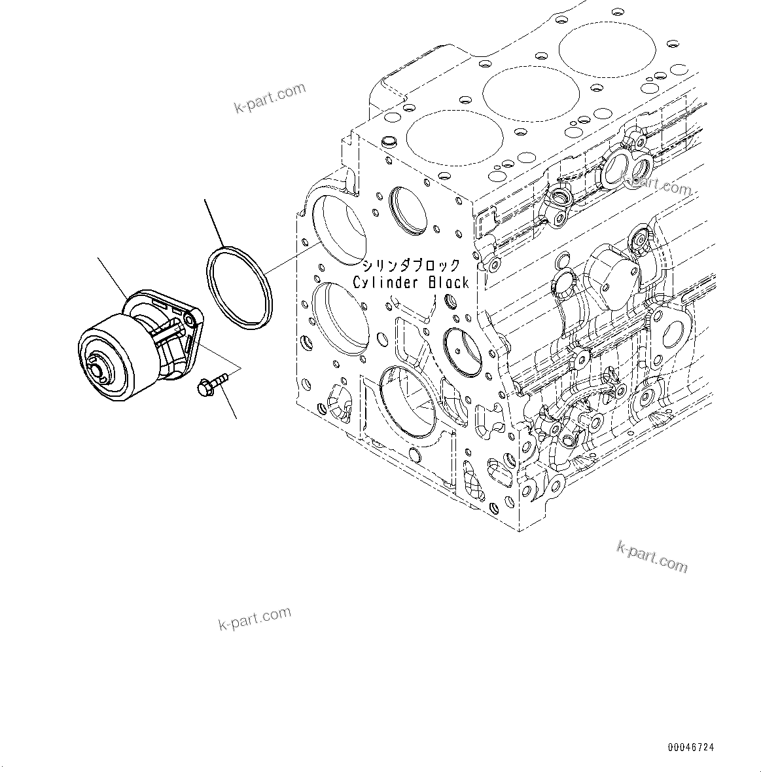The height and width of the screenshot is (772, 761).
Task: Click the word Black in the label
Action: click(449, 283)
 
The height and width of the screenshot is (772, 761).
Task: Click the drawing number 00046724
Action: click(691, 746)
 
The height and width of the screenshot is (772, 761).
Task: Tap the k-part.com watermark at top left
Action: click(270, 98)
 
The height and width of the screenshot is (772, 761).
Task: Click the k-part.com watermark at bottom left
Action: click(255, 617)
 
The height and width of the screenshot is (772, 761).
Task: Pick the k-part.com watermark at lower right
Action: click(652, 557)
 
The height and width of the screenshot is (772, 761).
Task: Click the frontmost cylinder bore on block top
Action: click(455, 137)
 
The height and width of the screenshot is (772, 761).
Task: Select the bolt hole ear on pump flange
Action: click(190, 319)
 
